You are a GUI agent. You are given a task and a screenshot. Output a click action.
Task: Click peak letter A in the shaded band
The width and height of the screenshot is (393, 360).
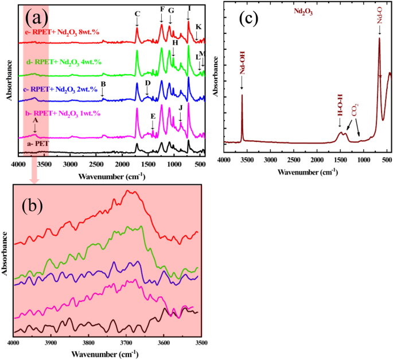[36, 121]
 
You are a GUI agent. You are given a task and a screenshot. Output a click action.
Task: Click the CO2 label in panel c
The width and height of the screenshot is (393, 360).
[355, 109]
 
